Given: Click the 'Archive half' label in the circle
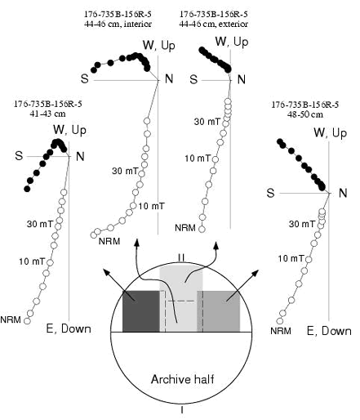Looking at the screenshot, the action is point(182,379).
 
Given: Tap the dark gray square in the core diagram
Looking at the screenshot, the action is point(141,311).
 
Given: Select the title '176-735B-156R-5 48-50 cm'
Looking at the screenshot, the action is point(305,109).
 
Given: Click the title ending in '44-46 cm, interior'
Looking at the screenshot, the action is point(118,19).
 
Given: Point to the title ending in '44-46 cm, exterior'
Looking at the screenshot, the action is point(214,19).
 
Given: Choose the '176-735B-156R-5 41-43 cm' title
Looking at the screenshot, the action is point(48,109).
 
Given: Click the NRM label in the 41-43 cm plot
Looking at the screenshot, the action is point(11,319).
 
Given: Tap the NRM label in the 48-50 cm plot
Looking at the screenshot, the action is point(281,331).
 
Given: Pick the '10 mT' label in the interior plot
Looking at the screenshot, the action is point(152,206).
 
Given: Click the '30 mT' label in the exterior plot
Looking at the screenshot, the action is point(207,122).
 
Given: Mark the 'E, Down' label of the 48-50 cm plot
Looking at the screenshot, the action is point(329,331).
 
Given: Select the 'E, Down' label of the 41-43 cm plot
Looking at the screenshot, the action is point(69,328).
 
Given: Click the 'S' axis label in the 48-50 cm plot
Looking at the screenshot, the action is point(270,193).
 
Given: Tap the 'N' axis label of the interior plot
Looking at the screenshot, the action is point(169,78).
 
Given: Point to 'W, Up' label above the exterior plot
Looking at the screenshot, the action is point(232,42).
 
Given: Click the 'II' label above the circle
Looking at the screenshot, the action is point(181,257).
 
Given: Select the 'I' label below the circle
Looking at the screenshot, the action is point(182,409).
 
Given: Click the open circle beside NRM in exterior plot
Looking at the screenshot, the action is point(202,229).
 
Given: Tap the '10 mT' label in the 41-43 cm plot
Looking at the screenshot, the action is point(32,261).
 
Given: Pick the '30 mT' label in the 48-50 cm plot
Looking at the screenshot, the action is point(301,224).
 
